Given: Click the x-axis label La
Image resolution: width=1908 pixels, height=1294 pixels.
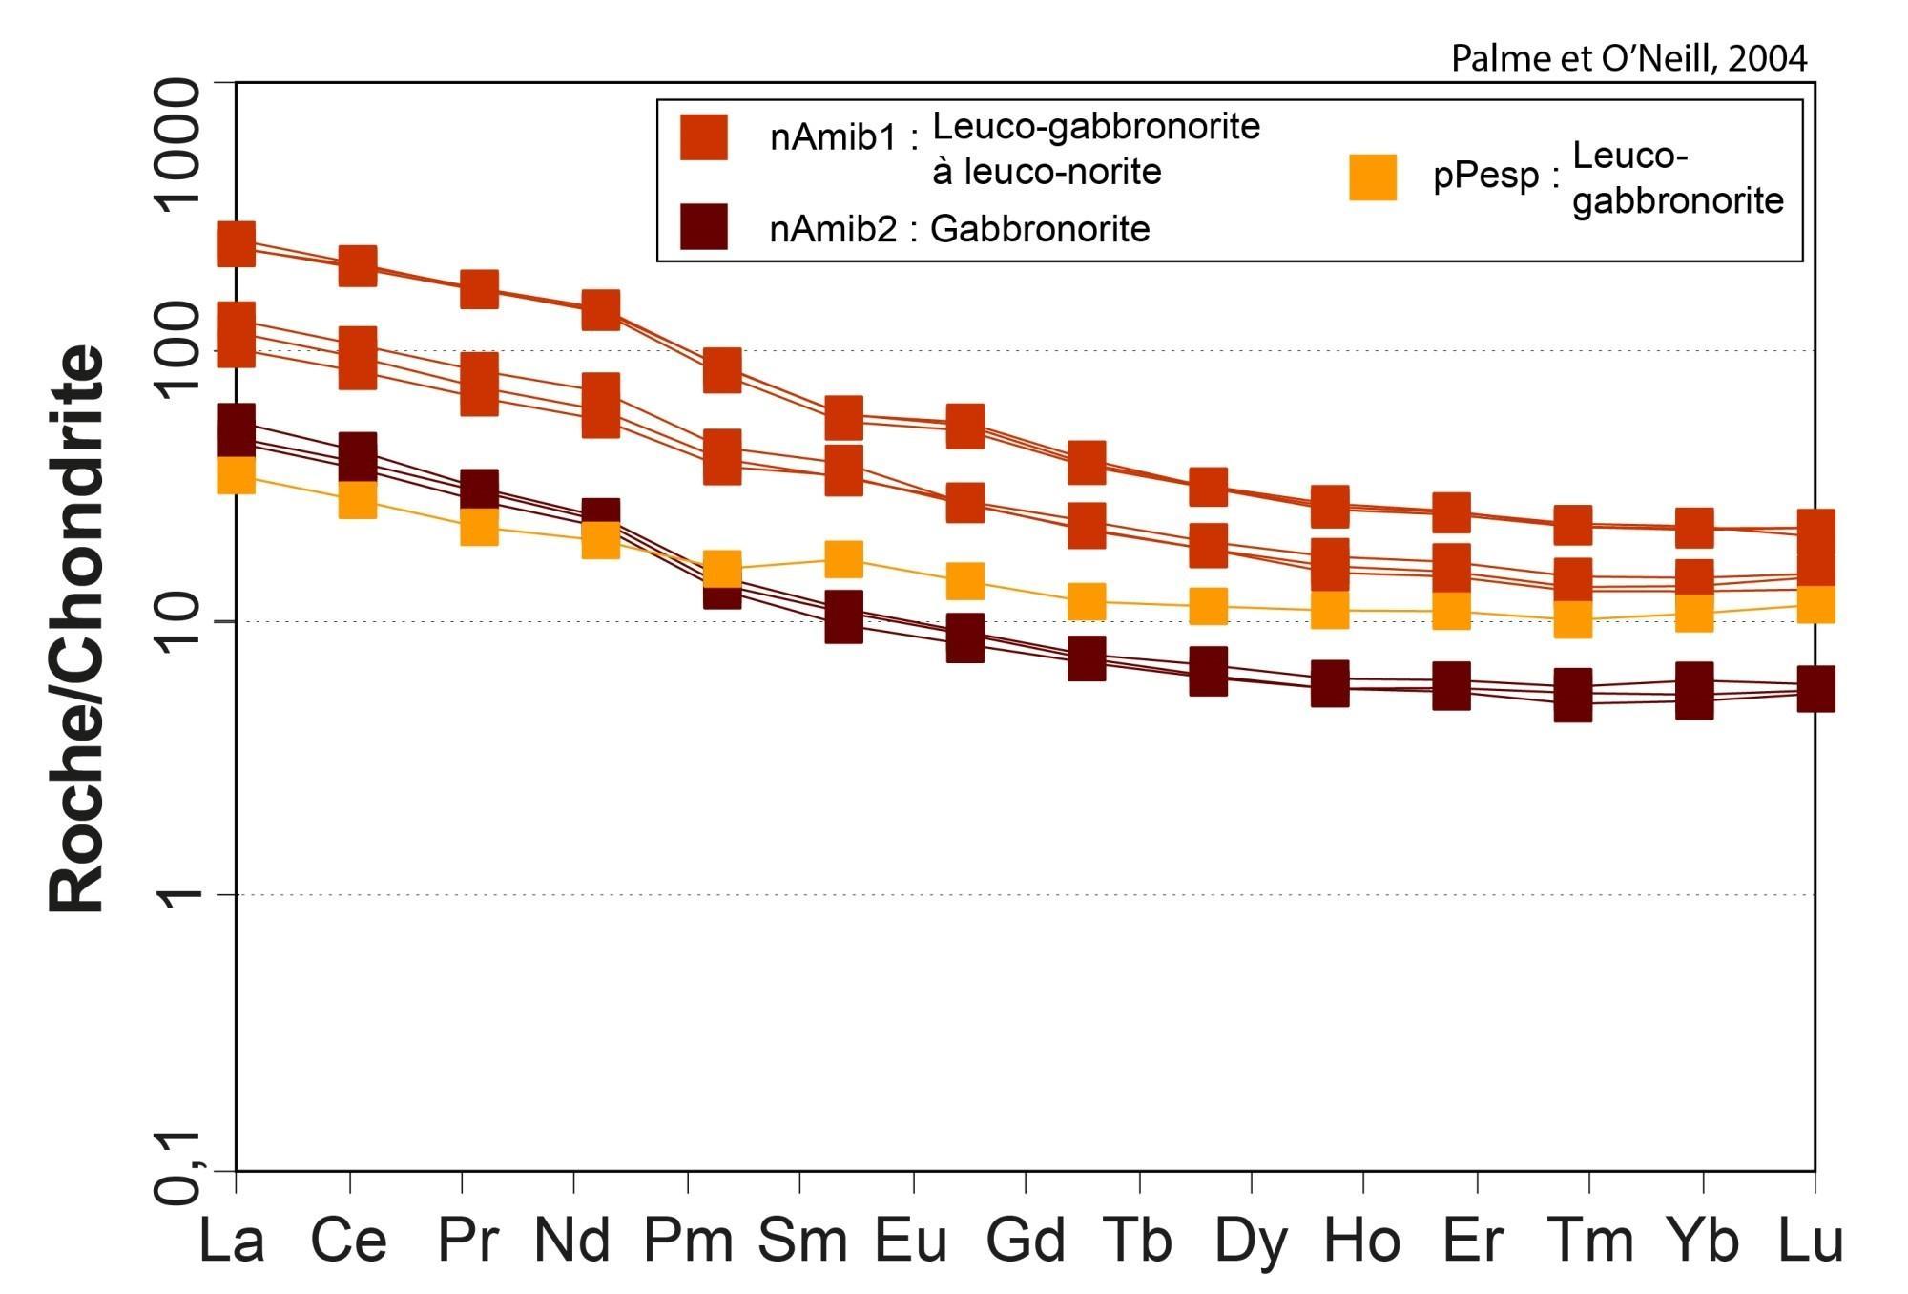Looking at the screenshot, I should click(x=232, y=1242).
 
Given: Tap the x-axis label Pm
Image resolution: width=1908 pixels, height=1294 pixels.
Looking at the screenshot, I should click(x=688, y=1242).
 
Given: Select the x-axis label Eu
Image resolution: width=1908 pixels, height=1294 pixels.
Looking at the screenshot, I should click(x=911, y=1242).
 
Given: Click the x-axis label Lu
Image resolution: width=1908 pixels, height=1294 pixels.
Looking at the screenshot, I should click(x=1810, y=1242).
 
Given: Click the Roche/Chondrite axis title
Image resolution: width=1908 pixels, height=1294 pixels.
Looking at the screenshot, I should click(x=76, y=630).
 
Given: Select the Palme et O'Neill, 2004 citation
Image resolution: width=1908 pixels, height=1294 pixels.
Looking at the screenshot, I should click(x=1628, y=59).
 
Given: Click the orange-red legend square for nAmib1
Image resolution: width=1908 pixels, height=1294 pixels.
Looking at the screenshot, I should click(x=704, y=137).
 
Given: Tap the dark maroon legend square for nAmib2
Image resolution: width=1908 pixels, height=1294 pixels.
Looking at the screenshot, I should click(x=704, y=227).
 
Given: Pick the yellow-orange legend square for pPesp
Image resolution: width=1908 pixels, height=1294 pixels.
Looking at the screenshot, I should click(x=1373, y=177).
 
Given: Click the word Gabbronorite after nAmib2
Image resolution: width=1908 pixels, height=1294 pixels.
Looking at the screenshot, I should click(x=1040, y=229).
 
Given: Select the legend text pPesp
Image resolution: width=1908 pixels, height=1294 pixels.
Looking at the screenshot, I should click(x=1486, y=177).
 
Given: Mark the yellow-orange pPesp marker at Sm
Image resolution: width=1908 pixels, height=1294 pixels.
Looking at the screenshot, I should click(x=843, y=559).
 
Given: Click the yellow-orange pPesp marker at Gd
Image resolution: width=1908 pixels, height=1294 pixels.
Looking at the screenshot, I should click(x=1087, y=602).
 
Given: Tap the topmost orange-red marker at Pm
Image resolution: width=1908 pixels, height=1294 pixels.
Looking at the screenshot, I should click(x=722, y=369).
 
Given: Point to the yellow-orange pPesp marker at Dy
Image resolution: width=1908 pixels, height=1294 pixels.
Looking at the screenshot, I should click(x=1208, y=606).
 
